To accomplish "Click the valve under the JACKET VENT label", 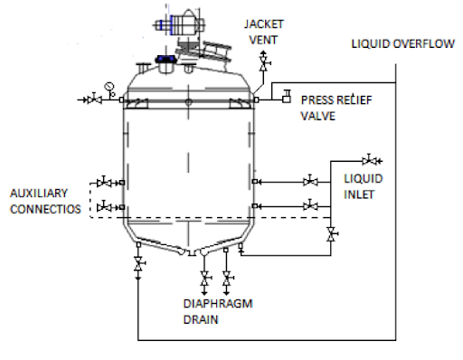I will pyautogui.click(x=264, y=65).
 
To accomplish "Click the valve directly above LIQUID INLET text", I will pyautogui.click(x=369, y=159).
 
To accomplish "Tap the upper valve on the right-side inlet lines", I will pyautogui.click(x=311, y=181).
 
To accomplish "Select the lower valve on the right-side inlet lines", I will pyautogui.click(x=311, y=206).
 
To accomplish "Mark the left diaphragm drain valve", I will pyautogui.click(x=205, y=276).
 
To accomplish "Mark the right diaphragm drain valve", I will pyautogui.click(x=227, y=276).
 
